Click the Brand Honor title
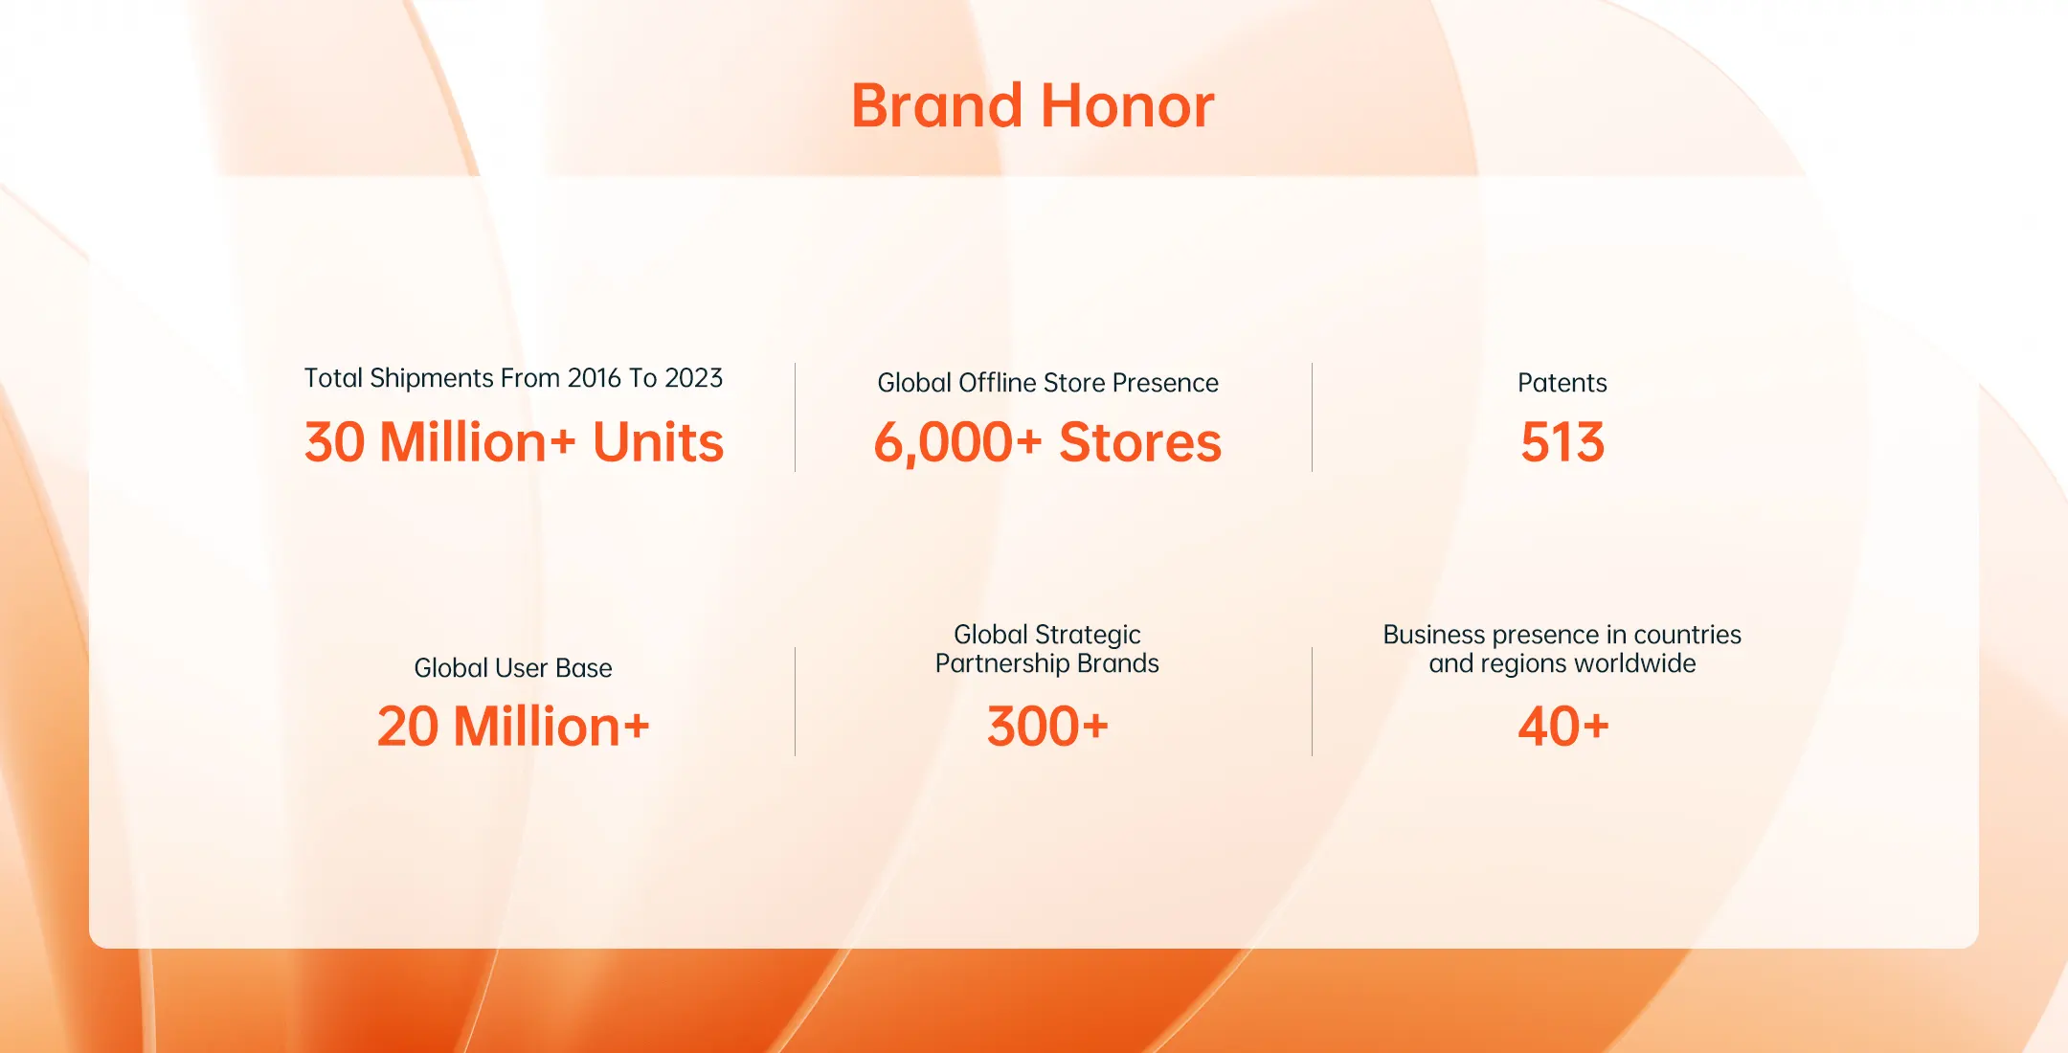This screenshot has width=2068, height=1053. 1033,105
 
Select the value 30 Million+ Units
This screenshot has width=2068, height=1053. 514,442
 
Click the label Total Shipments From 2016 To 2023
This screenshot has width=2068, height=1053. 513,378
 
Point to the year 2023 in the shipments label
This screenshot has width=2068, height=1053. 694,378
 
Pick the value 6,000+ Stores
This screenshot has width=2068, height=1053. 1047,442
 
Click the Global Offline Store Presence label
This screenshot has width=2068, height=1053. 1047,383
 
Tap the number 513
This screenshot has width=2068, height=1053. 1562,442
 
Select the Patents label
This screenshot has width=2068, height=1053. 1562,383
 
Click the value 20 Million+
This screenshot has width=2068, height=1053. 513,727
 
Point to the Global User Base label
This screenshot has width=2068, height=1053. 513,667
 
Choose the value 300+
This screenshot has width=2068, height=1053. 1047,727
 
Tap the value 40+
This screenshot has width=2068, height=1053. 1562,727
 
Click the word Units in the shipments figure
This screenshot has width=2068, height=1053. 659,442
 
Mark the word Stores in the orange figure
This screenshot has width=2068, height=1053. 1140,442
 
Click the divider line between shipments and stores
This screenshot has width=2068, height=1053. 795,417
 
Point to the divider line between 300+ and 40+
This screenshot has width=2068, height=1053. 1312,702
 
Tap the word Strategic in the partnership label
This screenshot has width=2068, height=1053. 1087,635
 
